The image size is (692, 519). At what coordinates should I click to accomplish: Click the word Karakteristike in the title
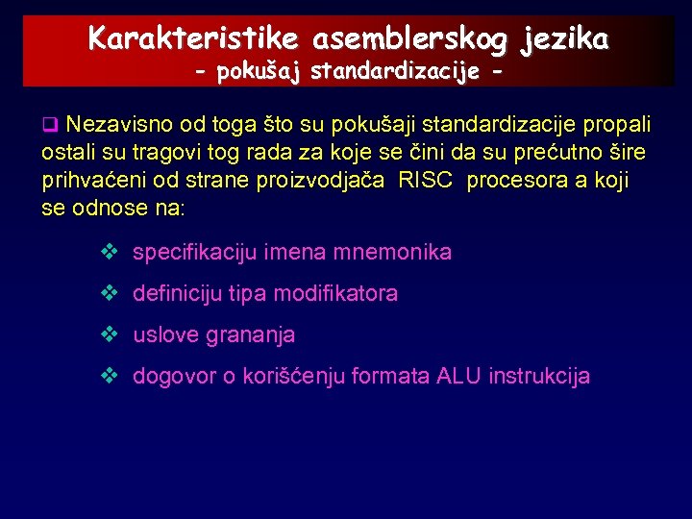[x=193, y=38]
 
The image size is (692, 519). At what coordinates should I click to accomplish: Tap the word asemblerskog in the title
[x=411, y=38]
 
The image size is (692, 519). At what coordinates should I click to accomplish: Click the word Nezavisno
[x=114, y=125]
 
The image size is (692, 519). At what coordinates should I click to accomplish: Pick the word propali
[x=616, y=125]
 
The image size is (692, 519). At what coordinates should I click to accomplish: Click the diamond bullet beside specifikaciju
[x=109, y=253]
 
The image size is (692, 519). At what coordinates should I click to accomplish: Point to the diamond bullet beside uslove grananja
[x=109, y=335]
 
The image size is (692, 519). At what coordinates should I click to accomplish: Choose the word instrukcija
[x=539, y=377]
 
